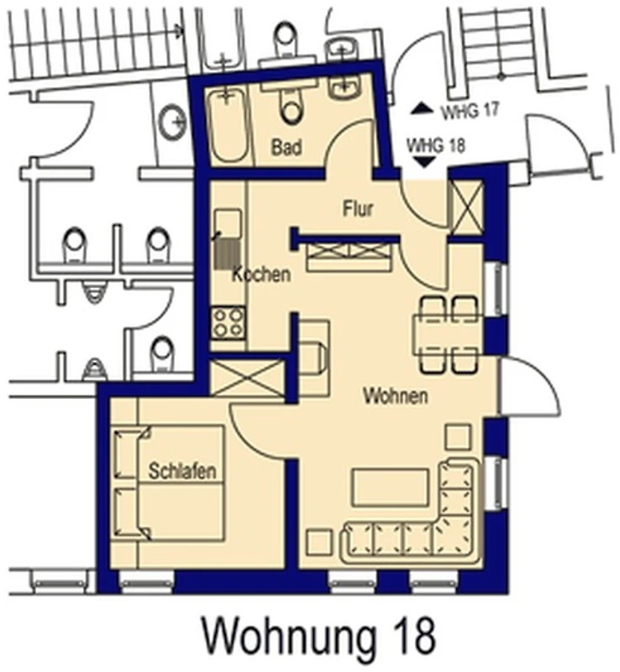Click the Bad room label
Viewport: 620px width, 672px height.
click(x=286, y=147)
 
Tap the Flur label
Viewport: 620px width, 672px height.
click(x=358, y=208)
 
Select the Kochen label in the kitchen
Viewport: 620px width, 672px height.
click(x=261, y=274)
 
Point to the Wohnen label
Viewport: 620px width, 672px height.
click(x=396, y=396)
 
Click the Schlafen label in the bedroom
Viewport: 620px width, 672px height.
click(x=182, y=471)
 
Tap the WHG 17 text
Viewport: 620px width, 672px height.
click(x=470, y=112)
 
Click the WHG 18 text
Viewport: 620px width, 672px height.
click(x=436, y=145)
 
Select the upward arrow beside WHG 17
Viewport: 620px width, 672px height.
click(x=423, y=109)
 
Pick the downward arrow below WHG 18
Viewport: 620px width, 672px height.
click(x=423, y=162)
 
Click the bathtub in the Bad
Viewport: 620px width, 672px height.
click(x=229, y=124)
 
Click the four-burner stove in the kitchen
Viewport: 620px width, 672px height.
click(x=229, y=323)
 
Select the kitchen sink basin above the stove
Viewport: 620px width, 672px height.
click(x=228, y=223)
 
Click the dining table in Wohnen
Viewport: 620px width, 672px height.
click(x=446, y=335)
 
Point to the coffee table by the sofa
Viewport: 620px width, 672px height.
click(x=390, y=487)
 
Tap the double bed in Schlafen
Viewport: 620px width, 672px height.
click(x=170, y=483)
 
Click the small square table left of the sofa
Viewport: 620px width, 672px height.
click(x=319, y=542)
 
